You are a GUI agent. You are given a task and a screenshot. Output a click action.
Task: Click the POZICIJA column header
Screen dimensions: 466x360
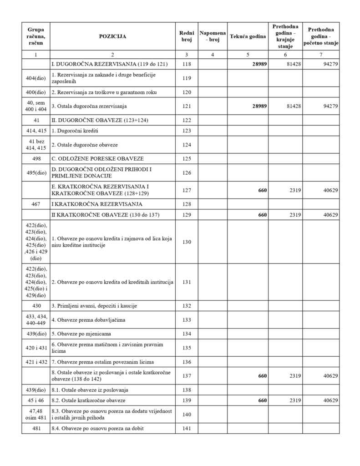(113, 36)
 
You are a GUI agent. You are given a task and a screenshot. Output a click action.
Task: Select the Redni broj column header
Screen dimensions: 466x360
(187, 36)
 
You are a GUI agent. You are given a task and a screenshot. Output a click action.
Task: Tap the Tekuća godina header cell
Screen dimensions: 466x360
(248, 36)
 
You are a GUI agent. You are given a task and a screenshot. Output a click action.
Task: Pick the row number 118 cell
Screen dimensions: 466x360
(187, 64)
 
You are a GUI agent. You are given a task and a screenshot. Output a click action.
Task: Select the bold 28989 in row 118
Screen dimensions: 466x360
(259, 64)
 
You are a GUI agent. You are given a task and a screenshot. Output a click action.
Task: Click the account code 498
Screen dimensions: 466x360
(35, 159)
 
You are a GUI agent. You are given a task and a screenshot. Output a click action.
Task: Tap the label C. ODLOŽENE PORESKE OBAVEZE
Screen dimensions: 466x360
(97, 159)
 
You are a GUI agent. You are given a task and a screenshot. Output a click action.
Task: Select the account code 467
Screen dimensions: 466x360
(35, 204)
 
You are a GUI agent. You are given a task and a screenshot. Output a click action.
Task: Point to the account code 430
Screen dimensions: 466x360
(35, 306)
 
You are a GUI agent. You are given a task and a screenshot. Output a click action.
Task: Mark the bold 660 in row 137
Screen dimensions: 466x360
(262, 376)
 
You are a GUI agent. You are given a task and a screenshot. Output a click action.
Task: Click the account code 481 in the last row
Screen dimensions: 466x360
(35, 428)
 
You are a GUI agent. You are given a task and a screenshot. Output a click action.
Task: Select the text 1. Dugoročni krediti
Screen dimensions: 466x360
(75, 131)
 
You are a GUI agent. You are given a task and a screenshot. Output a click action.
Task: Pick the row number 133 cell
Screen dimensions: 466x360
(187, 320)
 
